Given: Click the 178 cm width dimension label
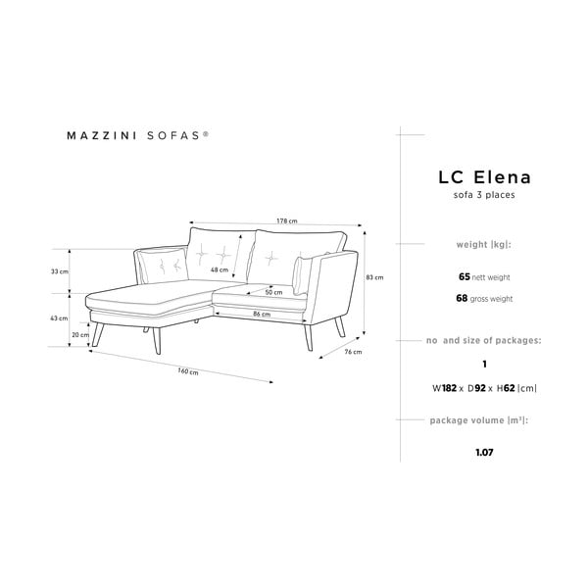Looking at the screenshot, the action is point(287,220).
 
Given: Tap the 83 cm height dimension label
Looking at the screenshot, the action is point(374,277).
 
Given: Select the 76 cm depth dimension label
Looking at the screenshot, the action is point(353,352).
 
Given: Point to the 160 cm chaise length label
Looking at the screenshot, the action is point(188,371).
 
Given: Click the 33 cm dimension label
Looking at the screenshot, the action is point(60,271).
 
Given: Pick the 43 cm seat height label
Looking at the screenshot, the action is point(59,318).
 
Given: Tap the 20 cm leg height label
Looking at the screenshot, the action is point(80,335).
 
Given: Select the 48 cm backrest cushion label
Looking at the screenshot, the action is point(220,269).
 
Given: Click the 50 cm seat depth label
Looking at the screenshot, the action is point(273,292).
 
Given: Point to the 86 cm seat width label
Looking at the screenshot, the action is point(262,314).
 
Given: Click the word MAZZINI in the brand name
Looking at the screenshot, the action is point(102,135).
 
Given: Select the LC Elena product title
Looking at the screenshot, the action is point(484,177).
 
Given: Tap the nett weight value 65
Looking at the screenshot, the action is point(465,276).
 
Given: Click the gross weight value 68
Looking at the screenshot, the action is point(462,298).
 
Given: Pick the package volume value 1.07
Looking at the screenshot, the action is point(484,452).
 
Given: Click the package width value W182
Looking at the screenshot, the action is point(444,388).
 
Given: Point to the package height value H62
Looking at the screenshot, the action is point(506,388).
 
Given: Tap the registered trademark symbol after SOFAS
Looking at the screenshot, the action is point(206,132).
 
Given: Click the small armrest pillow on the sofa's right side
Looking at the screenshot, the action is point(302,275).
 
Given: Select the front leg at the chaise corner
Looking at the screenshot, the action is point(157,340).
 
